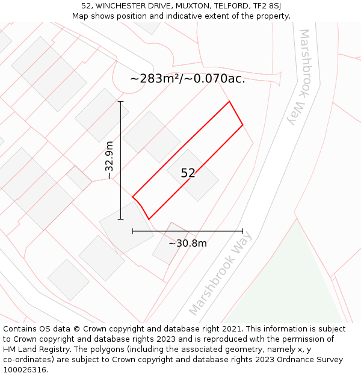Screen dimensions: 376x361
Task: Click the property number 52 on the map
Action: point(188,173)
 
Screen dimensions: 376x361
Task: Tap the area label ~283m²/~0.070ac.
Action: point(188,78)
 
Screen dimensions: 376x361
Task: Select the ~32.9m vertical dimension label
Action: point(109,160)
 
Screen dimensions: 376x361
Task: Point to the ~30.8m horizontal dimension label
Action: point(187,243)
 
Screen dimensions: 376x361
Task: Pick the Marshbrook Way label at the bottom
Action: point(220,280)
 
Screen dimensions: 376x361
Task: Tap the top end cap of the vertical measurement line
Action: point(121,102)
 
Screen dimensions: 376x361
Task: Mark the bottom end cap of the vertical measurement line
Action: point(121,219)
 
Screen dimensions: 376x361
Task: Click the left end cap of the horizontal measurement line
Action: point(132,230)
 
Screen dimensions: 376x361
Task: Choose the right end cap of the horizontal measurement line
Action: point(242,230)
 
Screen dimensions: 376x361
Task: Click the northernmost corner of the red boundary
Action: point(229,101)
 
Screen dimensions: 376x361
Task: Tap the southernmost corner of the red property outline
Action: point(149,219)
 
